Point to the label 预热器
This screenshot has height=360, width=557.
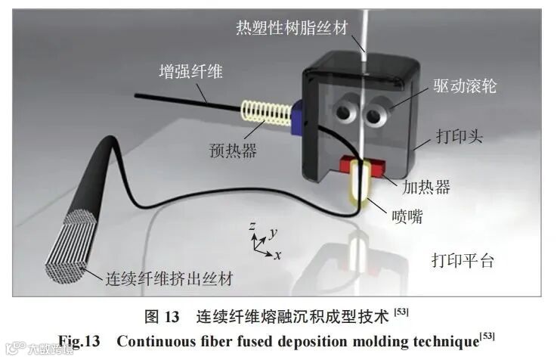[234, 150]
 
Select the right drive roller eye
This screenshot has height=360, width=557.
[375, 115]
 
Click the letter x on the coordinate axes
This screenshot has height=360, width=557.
[278, 255]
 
